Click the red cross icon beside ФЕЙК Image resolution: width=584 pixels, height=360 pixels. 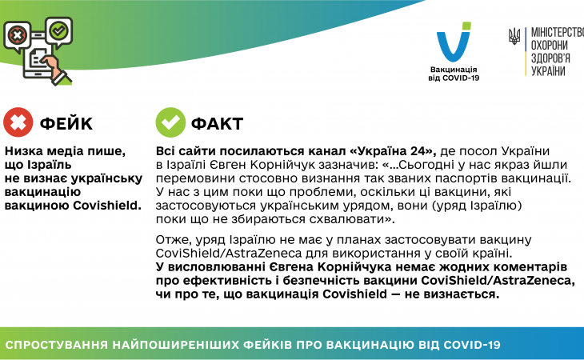(18, 122)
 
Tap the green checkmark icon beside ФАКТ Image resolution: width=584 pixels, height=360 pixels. (170, 122)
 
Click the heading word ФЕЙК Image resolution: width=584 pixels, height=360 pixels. (66, 123)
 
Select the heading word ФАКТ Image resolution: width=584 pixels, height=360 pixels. (217, 123)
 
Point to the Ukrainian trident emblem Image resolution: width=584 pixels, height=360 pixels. (514, 37)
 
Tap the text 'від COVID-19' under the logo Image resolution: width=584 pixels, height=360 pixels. (454, 78)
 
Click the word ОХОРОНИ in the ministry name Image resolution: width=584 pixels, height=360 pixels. (550, 46)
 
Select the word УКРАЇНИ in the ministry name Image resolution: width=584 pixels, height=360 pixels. (548, 70)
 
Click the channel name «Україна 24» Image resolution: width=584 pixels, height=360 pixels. (393, 151)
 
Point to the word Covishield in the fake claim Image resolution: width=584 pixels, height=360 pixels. (107, 206)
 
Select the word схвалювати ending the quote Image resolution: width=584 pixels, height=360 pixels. (357, 219)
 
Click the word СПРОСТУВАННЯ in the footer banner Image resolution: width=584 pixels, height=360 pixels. (56, 345)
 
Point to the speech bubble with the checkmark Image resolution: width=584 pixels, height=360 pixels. (59, 32)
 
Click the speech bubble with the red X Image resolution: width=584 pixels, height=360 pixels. (17, 37)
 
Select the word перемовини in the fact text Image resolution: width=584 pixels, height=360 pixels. (195, 178)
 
